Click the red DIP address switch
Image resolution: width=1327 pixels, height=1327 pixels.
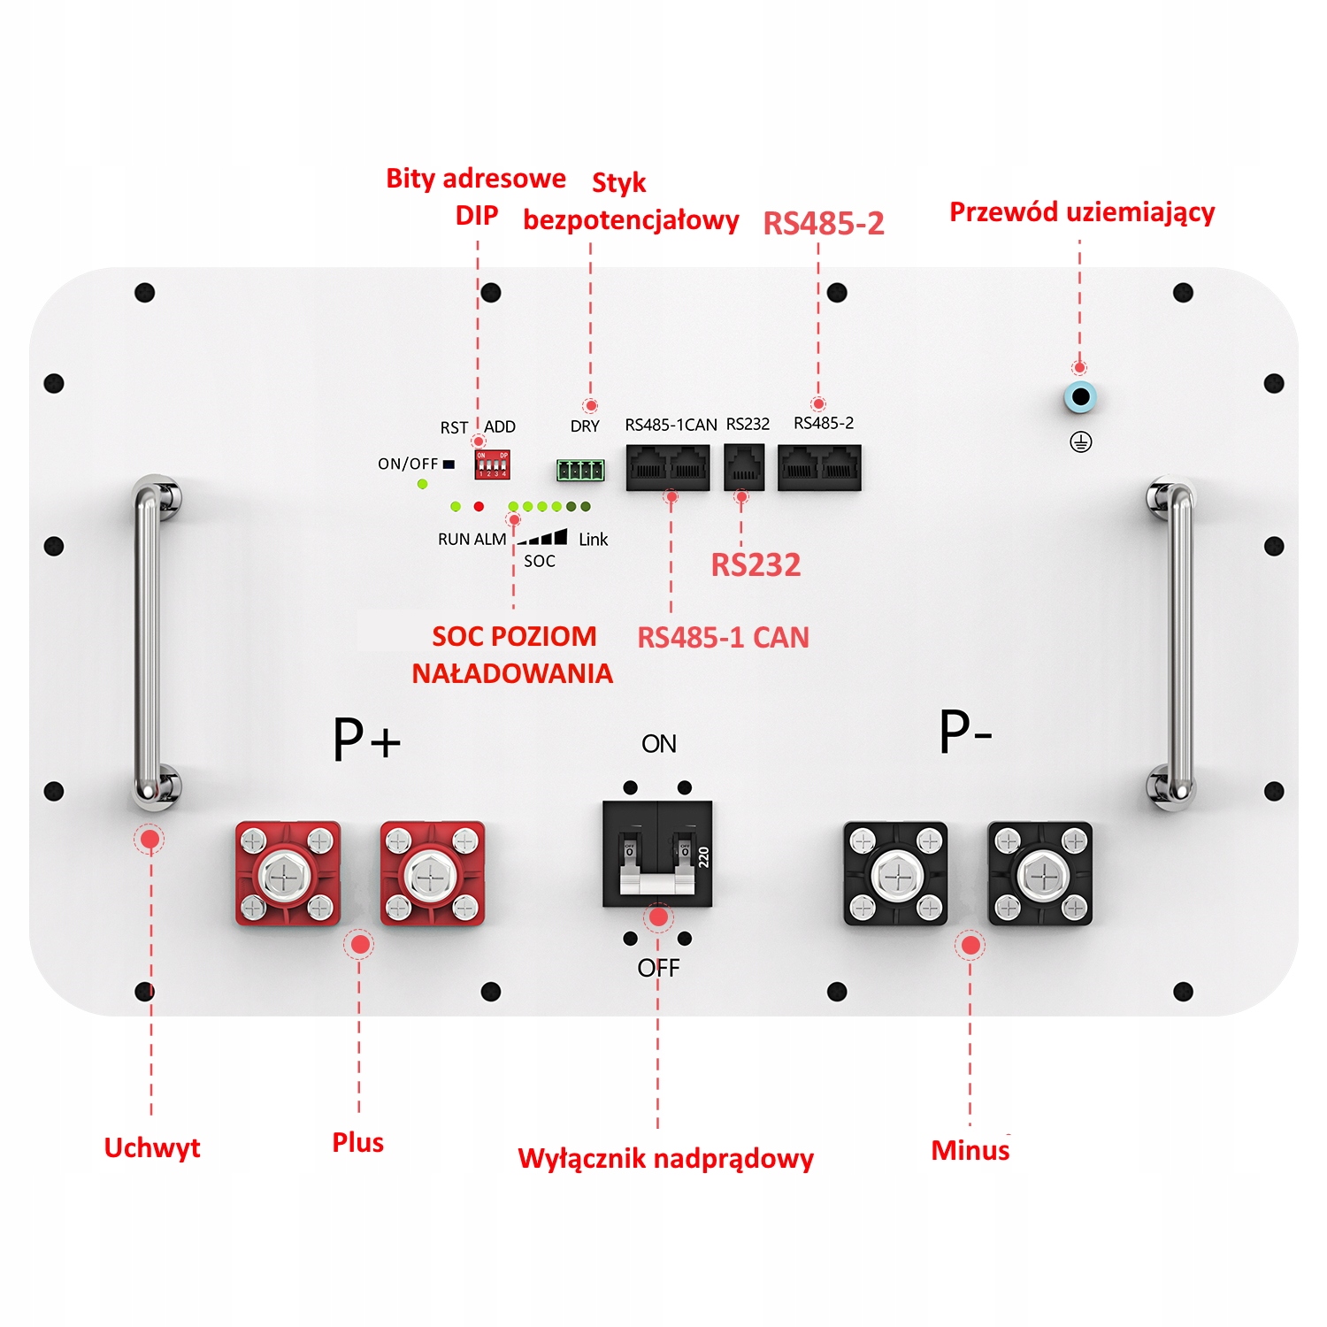(x=492, y=464)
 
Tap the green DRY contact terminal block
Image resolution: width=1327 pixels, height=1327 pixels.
(x=580, y=470)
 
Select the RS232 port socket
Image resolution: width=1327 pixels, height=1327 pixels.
(x=744, y=467)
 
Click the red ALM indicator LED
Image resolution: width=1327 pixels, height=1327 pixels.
(x=479, y=506)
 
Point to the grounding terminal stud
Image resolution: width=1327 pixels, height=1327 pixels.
(x=1080, y=398)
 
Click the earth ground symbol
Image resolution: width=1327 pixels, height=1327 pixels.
(x=1081, y=442)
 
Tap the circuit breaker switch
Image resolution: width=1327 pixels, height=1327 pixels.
(x=657, y=855)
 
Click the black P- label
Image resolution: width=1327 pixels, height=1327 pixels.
(x=965, y=733)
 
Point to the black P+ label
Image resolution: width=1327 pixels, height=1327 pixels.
(x=366, y=740)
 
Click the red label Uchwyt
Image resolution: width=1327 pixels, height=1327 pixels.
(x=152, y=1147)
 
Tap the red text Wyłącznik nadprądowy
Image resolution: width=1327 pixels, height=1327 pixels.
(x=665, y=1158)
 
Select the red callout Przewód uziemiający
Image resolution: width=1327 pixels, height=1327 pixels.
(x=1082, y=212)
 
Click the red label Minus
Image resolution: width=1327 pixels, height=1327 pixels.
(x=970, y=1150)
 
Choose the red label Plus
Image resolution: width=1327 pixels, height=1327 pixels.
(x=358, y=1142)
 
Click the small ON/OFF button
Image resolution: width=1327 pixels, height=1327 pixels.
(x=449, y=464)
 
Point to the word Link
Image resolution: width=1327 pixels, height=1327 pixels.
(x=593, y=539)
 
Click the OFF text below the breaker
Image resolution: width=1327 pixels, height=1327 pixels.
(x=658, y=968)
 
